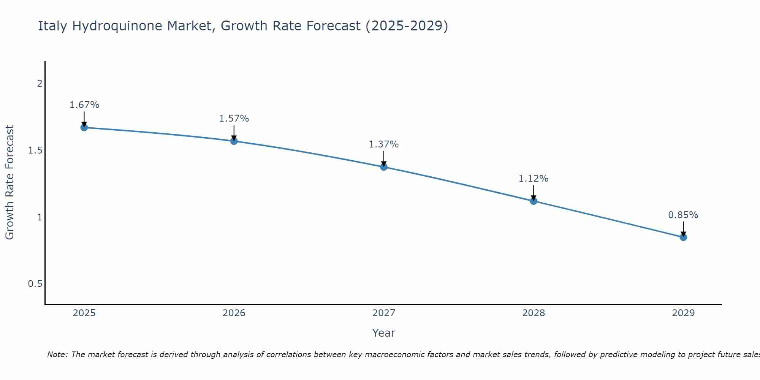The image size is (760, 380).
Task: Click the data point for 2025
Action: (x=84, y=127)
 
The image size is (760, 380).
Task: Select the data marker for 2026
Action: (x=234, y=141)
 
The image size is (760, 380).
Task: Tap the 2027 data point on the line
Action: (x=384, y=167)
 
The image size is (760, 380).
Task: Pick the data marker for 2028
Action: (x=534, y=201)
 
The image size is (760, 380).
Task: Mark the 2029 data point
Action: (x=683, y=237)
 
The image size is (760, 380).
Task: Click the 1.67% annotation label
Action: (x=84, y=105)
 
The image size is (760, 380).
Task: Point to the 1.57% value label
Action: (x=234, y=119)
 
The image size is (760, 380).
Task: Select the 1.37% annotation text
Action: (x=384, y=144)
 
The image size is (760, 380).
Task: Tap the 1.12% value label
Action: (x=534, y=179)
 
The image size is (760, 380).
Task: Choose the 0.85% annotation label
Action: (x=683, y=215)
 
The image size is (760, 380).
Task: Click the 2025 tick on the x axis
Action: (x=84, y=313)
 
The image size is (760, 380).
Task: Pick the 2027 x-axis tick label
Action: (x=384, y=313)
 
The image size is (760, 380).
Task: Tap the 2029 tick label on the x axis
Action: (x=683, y=313)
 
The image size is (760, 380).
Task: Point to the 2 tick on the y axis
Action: (x=40, y=84)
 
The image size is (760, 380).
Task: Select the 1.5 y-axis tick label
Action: (x=35, y=150)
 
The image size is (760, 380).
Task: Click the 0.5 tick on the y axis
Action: (x=35, y=284)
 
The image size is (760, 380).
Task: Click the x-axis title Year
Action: (x=384, y=333)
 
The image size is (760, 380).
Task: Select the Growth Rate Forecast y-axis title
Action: (x=9, y=182)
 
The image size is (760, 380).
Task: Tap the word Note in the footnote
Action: (x=57, y=355)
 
